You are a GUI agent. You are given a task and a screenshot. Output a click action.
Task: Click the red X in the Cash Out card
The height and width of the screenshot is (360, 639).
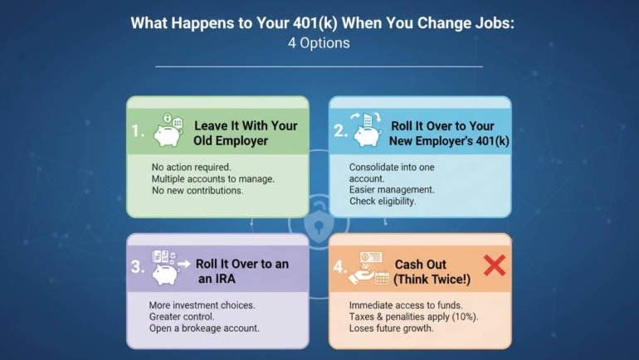click(494, 265)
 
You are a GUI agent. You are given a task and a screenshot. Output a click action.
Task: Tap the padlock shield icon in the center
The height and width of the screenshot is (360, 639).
click(319, 223)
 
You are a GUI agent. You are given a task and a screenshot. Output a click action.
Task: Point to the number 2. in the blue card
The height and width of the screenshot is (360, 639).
click(340, 132)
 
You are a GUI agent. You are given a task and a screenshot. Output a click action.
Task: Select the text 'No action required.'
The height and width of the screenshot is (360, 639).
click(191, 166)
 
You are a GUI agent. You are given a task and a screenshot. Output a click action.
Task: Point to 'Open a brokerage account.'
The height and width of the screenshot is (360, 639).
click(204, 328)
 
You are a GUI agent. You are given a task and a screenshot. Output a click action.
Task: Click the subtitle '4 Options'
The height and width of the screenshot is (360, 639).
click(319, 42)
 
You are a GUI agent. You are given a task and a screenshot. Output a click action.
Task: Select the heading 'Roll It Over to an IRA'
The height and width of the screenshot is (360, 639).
click(242, 271)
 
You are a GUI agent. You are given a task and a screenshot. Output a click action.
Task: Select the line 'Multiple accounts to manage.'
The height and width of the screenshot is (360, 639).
click(212, 178)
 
